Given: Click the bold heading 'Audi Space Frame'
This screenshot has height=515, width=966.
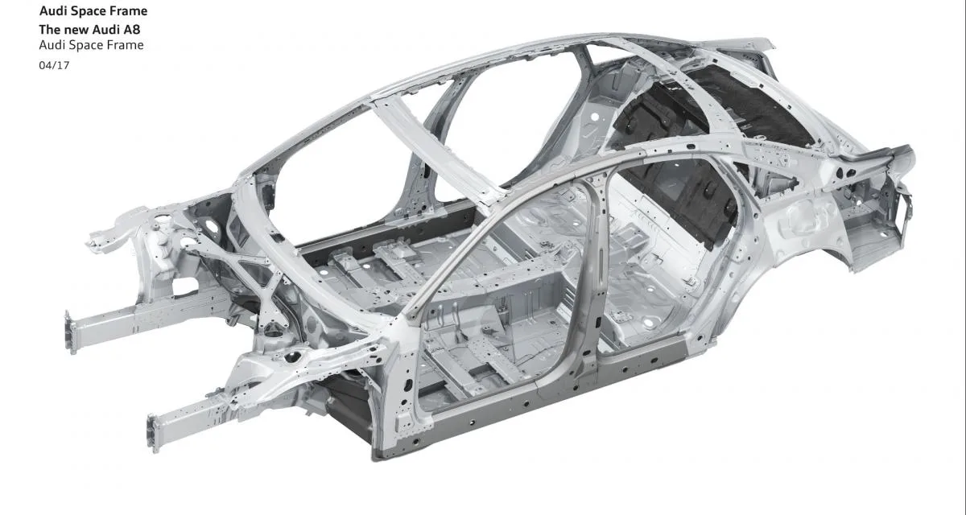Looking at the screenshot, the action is (x=93, y=10).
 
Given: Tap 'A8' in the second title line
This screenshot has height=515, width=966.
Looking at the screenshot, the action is (x=131, y=29).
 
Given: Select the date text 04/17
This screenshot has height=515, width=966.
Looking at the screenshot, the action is (x=54, y=65).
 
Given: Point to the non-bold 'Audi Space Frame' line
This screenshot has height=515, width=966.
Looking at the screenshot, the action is (x=91, y=45).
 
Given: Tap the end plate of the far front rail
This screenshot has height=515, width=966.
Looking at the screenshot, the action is (x=70, y=332).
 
